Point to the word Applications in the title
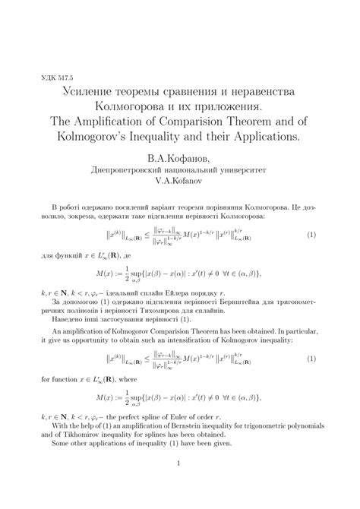pyautogui.click(x=268, y=141)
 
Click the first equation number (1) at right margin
pyautogui.click(x=311, y=236)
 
